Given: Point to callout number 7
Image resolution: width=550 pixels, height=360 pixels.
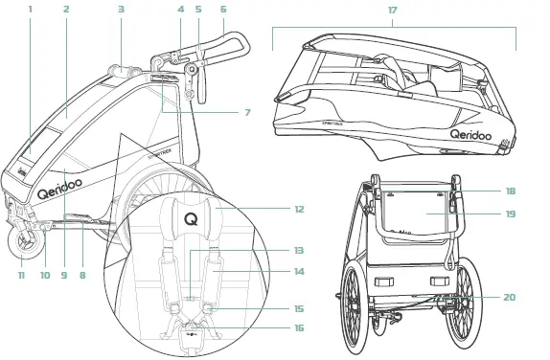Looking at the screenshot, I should coord(246,112).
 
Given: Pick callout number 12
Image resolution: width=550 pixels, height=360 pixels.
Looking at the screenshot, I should coord(299,208).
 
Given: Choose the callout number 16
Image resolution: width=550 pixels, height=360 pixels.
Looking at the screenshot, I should coord(299,327).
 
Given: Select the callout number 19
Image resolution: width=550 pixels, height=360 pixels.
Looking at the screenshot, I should coord(510,214).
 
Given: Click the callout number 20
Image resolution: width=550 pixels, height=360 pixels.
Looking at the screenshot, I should coord(509,297).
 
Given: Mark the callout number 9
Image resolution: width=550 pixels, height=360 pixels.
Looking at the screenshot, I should coord(64,276).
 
